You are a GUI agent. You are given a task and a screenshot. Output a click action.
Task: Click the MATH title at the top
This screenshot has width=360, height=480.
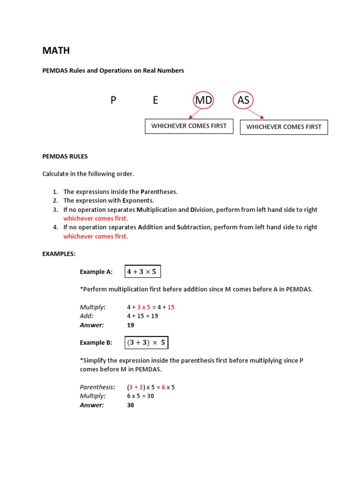(56, 51)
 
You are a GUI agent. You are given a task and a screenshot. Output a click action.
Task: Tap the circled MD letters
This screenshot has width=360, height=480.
(203, 100)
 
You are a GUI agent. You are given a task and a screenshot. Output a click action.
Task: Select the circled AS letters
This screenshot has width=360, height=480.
(243, 100)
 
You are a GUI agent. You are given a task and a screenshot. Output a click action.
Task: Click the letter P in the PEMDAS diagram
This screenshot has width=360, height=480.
(113, 100)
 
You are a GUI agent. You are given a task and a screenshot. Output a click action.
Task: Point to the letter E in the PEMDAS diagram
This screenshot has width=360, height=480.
(155, 100)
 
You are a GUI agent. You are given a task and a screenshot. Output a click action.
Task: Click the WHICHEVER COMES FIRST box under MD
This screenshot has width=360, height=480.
(189, 126)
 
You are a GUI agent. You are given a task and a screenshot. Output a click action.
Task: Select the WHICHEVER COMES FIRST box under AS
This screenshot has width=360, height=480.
(284, 127)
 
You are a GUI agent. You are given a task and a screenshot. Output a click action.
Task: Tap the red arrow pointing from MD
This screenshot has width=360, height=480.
(194, 114)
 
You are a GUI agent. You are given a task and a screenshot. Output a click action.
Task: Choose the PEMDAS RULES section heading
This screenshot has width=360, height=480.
(65, 156)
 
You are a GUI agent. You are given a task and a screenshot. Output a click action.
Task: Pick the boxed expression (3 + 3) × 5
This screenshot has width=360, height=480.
(146, 343)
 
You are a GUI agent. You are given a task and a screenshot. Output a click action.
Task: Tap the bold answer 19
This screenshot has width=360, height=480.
(131, 325)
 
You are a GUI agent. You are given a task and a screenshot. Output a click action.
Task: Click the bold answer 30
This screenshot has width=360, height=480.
(131, 405)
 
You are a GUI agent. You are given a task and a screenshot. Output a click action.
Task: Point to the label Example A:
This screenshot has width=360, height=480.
(96, 271)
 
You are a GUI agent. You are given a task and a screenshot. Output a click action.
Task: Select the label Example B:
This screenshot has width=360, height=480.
(96, 343)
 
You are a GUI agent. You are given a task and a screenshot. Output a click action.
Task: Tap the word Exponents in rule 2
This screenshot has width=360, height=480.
(139, 201)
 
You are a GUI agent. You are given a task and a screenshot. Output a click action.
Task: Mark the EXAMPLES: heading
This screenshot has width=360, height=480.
(59, 254)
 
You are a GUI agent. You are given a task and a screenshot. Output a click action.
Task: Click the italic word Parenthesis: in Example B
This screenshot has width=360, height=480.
(97, 387)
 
